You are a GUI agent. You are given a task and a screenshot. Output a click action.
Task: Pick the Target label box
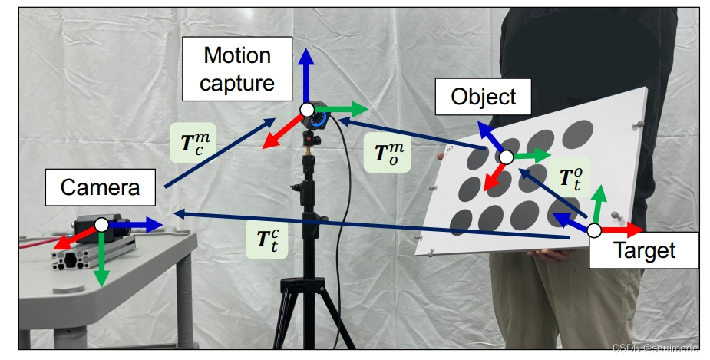coord(644,249)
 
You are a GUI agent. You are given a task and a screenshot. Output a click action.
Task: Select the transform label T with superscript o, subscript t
coord(569,178)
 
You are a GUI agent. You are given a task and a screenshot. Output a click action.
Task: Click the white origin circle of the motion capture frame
coord(306,109)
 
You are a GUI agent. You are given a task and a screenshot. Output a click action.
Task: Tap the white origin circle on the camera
coord(101,224)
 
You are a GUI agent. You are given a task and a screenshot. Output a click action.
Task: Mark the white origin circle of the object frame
coord(505,157)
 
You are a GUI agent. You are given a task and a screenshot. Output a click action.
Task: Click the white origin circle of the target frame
coord(594,230)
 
